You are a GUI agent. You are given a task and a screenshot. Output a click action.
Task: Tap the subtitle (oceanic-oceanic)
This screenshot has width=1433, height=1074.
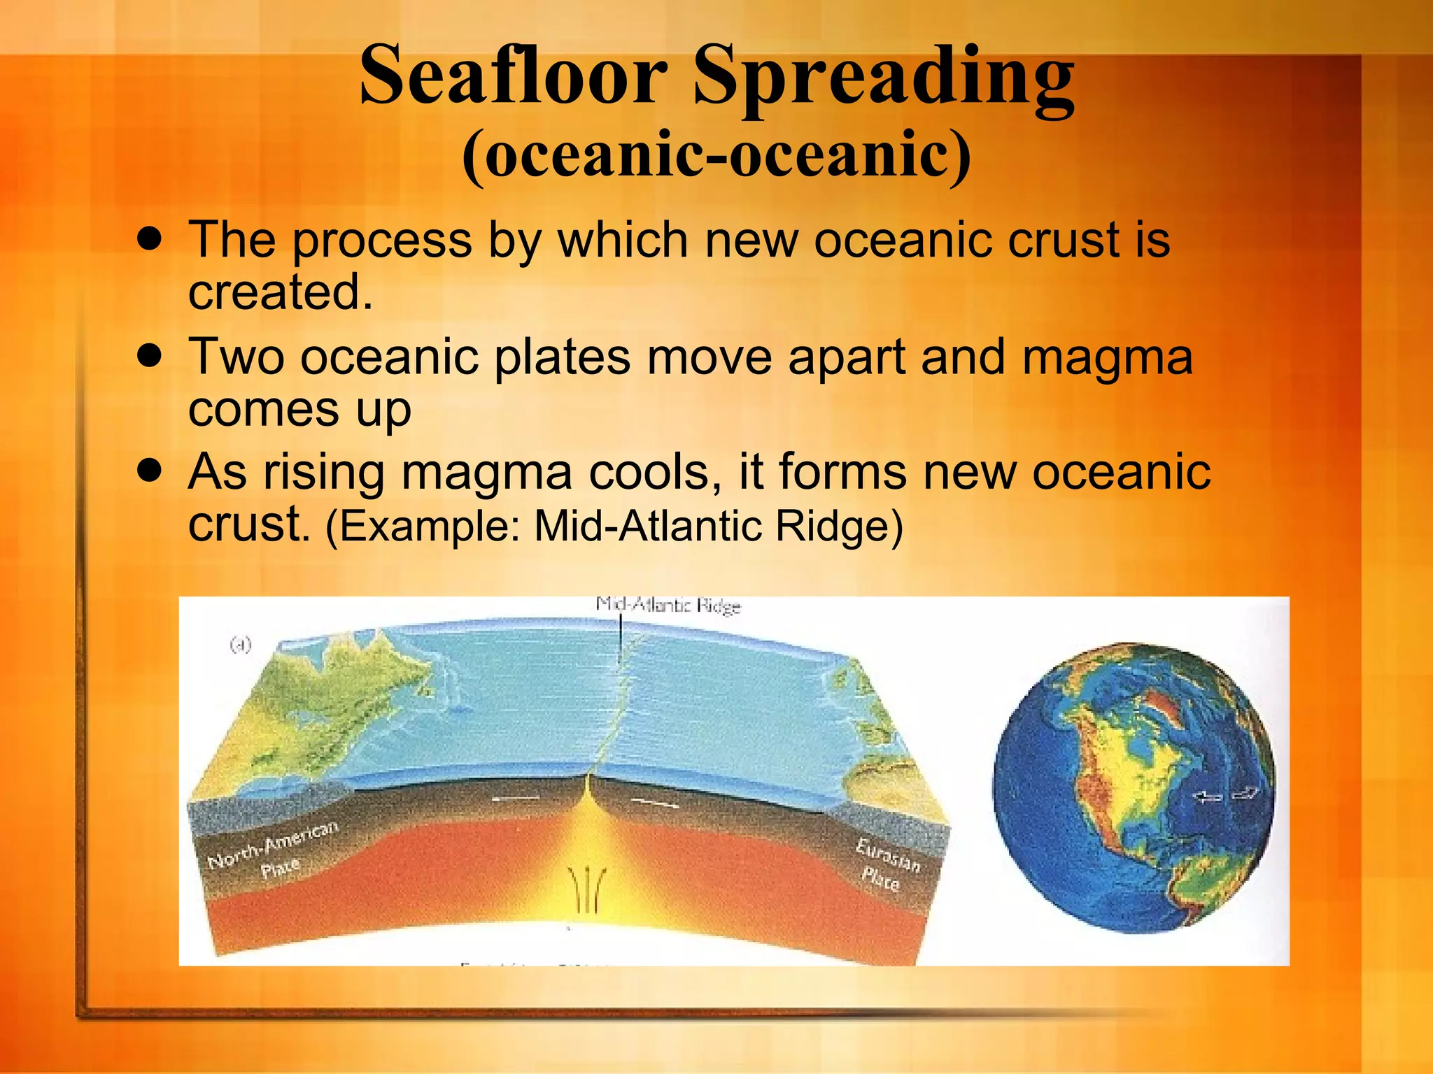point(716,155)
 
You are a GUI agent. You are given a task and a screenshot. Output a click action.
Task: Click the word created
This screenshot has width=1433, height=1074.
point(280,292)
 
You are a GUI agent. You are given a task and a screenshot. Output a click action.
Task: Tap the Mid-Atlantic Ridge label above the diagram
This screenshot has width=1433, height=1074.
point(668,606)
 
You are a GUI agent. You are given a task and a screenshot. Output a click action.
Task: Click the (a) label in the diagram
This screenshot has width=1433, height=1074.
point(240,645)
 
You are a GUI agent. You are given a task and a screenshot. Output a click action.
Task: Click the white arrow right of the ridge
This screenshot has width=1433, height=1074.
point(655,802)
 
